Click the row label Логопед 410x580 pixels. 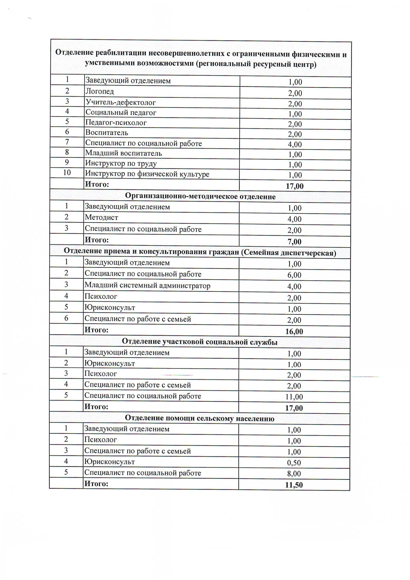point(100,91)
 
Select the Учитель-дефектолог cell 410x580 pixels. point(121,102)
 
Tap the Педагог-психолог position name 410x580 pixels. point(116,123)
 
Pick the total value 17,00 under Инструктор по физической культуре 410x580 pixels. point(295,186)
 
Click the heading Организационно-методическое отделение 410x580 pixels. point(200,196)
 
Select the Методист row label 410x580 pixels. point(101,217)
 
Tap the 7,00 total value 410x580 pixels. point(294,242)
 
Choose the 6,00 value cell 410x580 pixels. point(294,275)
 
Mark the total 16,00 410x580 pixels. point(294,331)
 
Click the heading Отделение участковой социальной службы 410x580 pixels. point(199,342)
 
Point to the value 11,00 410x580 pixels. point(294,397)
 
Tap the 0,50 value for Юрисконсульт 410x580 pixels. point(294,463)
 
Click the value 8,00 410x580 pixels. point(294,474)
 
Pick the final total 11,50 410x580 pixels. point(294,485)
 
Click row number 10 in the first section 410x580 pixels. point(67,173)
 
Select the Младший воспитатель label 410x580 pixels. point(123,153)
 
